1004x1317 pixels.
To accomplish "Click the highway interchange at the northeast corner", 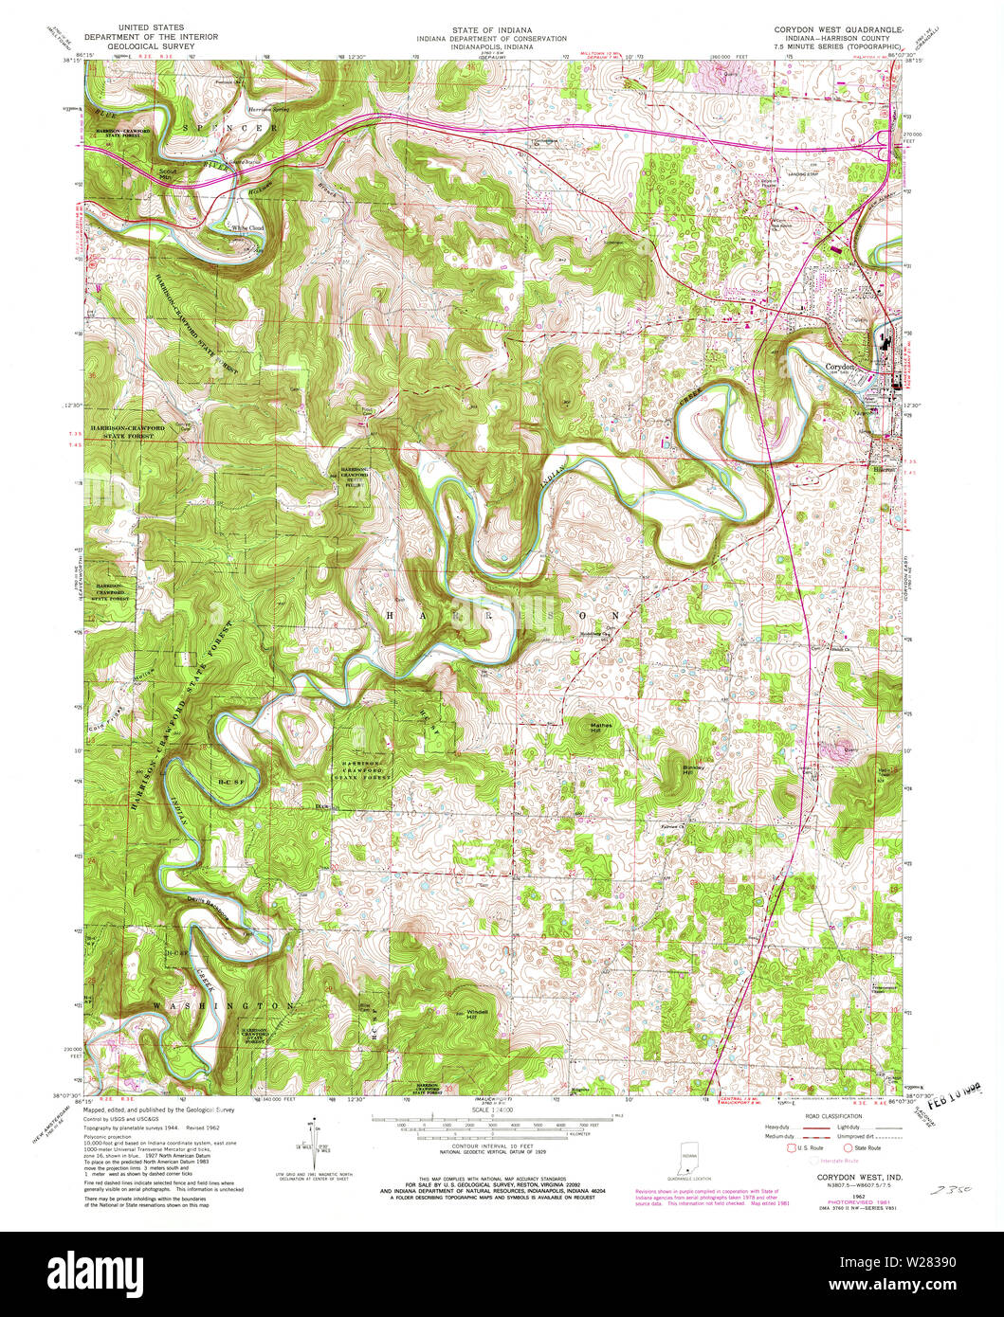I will pyautogui.click(x=883, y=147).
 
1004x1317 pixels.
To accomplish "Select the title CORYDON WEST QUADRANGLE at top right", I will pyautogui.click(x=835, y=30).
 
